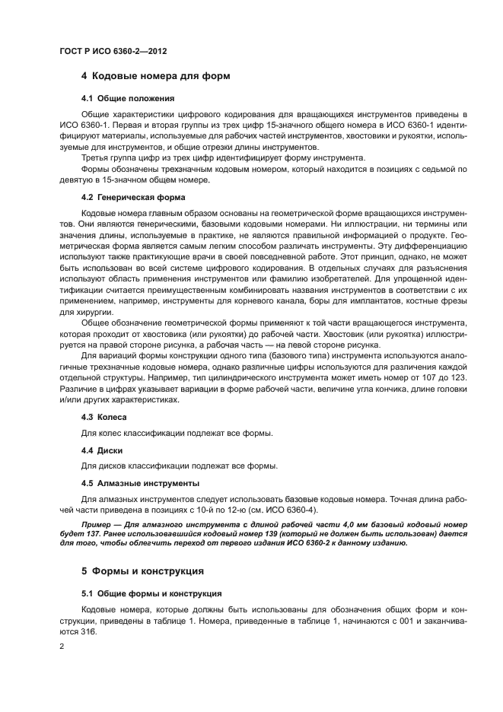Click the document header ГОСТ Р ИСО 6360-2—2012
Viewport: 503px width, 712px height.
click(x=113, y=51)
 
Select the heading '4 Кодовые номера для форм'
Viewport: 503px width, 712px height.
click(x=155, y=76)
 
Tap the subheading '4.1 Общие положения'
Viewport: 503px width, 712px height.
click(x=128, y=99)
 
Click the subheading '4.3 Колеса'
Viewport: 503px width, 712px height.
click(x=103, y=417)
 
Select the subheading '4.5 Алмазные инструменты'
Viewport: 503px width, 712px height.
click(x=140, y=483)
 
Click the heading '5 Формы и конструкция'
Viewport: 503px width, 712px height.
click(x=143, y=571)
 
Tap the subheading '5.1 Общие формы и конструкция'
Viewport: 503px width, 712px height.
click(x=151, y=593)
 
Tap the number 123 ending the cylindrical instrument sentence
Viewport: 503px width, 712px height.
click(x=444, y=378)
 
